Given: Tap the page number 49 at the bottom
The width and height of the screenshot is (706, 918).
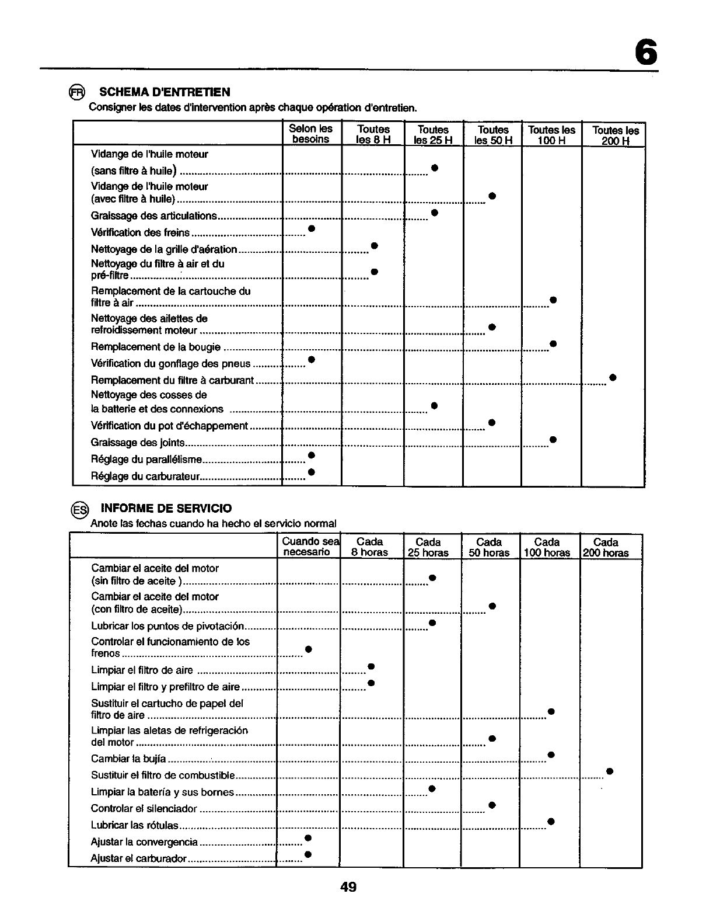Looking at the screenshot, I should tap(348, 887).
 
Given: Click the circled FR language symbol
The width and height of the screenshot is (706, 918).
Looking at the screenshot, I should tap(77, 92).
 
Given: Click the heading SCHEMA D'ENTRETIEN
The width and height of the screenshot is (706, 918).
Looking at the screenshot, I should tap(165, 92).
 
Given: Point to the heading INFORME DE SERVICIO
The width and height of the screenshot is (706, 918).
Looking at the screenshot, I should tap(166, 508).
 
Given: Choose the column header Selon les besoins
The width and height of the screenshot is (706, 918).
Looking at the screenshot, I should tap(311, 134).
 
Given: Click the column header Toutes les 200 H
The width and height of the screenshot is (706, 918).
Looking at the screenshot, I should tap(615, 135).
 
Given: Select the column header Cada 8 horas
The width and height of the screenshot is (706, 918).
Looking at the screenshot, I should tap(369, 547).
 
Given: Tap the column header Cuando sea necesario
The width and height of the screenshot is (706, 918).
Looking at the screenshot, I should tap(307, 547).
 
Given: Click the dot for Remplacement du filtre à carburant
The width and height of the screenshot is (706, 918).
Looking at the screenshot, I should tap(613, 377).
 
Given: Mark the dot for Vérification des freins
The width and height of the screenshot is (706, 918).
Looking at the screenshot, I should tap(312, 228).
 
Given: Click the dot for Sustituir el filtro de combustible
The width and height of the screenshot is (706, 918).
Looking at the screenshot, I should tap(609, 771).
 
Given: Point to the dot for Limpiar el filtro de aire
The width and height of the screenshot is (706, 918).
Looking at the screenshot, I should tap(371, 666).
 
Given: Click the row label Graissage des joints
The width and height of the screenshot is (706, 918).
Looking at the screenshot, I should tap(138, 443).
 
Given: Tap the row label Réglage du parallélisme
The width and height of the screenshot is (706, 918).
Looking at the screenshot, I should tap(146, 460).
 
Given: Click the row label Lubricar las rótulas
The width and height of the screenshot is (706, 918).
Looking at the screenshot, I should tap(135, 825).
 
